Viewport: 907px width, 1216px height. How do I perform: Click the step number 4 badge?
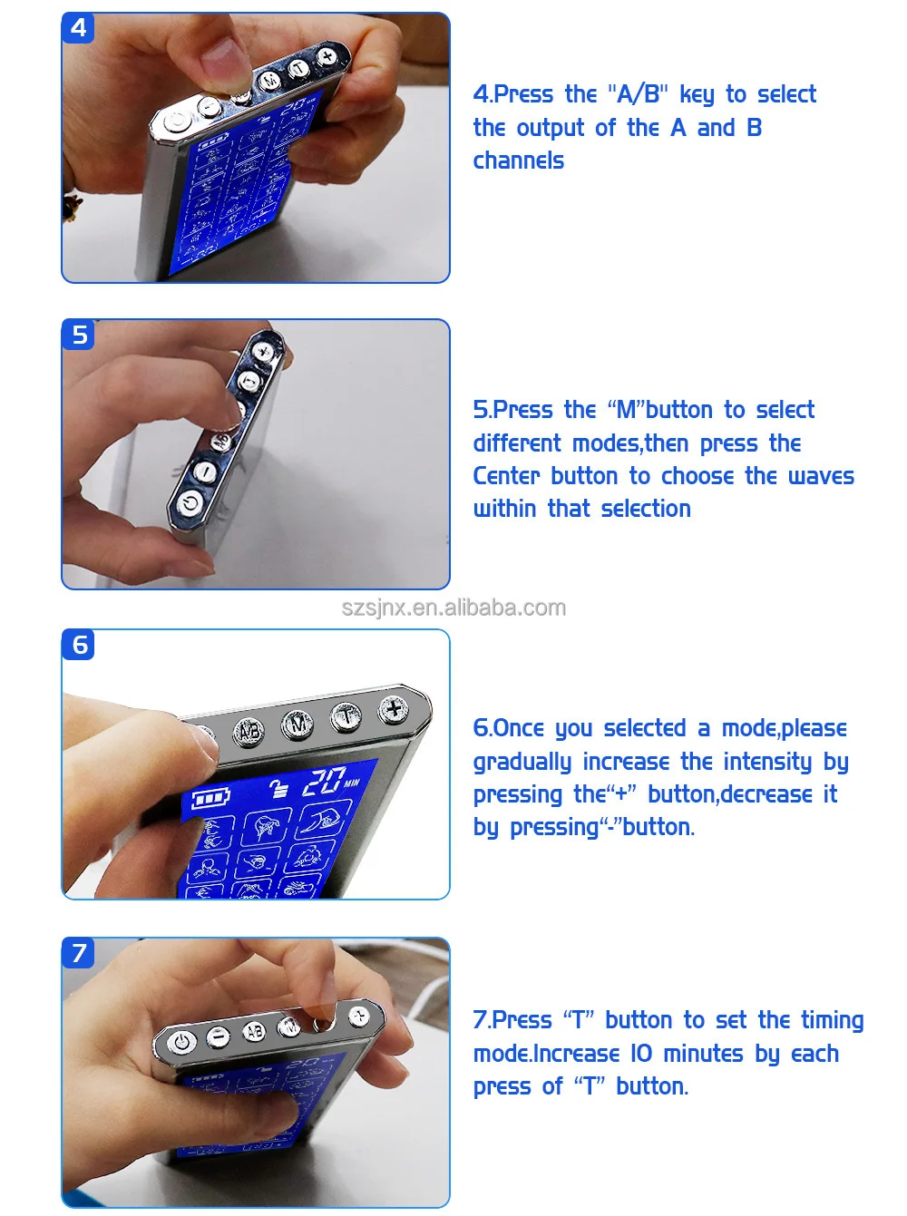[x=78, y=28]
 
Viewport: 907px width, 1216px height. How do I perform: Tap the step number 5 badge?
[x=78, y=334]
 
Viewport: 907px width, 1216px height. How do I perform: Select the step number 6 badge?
[x=78, y=645]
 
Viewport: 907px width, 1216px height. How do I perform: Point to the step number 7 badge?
[x=78, y=952]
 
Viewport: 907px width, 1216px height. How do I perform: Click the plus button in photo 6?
[x=394, y=710]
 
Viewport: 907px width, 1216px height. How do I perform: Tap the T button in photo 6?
[x=346, y=717]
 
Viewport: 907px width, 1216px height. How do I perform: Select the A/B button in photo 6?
[x=249, y=732]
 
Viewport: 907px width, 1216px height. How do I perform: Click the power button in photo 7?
[x=181, y=1043]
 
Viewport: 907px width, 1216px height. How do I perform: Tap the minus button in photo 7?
[x=219, y=1036]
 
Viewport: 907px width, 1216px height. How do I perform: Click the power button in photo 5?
[x=190, y=503]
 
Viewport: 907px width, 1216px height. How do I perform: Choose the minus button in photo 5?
[x=205, y=472]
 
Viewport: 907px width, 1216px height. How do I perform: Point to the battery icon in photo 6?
[x=210, y=799]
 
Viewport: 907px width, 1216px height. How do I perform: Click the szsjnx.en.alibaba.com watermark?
[x=453, y=608]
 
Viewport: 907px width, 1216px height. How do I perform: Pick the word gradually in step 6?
[x=522, y=762]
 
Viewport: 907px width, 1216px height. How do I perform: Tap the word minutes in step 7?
[x=703, y=1053]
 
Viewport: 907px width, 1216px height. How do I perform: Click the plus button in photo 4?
[x=327, y=55]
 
